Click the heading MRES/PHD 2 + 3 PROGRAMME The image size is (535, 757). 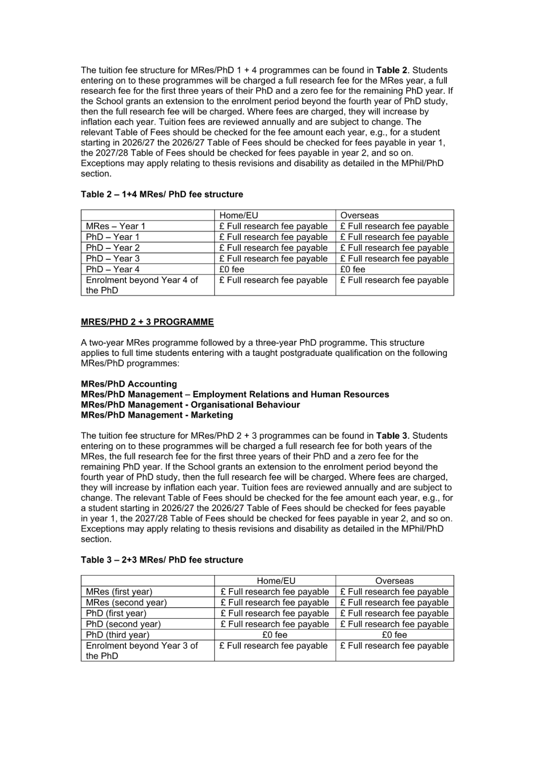147,322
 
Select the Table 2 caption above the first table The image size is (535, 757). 162,194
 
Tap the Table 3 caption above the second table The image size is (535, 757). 162,560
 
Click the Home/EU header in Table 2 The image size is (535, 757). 239,216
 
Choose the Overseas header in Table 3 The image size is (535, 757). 394,581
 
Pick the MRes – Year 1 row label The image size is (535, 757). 115,226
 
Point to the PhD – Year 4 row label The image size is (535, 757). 112,269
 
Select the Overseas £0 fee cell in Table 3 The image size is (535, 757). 394,635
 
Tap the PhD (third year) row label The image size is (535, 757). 117,635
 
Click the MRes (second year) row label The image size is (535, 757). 126,602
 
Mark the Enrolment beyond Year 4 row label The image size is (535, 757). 142,285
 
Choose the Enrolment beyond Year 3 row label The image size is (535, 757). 142,650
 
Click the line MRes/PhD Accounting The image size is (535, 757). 129,384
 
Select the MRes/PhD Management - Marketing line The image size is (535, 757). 157,415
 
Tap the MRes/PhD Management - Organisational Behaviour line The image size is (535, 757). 190,405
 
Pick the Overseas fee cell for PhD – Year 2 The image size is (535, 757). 394,248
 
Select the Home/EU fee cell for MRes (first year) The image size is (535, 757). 274,592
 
